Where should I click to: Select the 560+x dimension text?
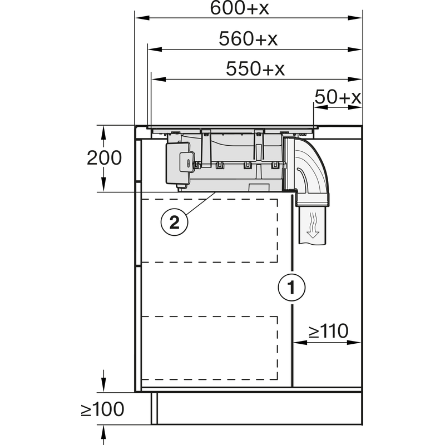coord(248,39)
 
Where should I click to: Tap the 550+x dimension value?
coord(255,69)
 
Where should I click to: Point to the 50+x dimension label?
coord(338,98)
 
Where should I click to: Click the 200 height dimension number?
coord(104,158)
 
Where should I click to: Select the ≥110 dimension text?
coord(328,332)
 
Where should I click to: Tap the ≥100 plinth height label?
coord(102,410)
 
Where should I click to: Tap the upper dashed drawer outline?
coord(209,229)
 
